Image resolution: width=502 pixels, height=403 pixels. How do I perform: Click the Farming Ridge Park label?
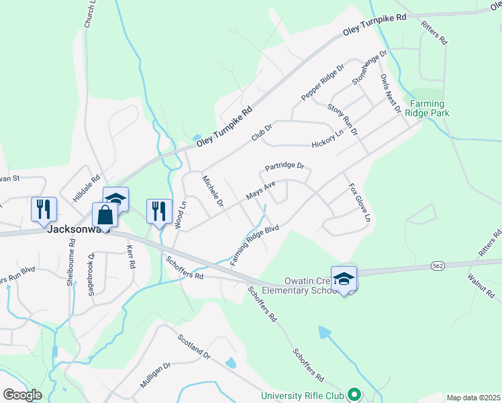429,109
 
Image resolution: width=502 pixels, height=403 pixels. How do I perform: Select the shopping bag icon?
105,215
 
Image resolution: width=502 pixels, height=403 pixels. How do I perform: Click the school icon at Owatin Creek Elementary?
344,279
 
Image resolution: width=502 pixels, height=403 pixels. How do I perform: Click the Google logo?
22,395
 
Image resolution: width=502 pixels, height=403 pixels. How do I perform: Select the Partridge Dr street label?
285,165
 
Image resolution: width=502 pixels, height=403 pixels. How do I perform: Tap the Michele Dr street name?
213,190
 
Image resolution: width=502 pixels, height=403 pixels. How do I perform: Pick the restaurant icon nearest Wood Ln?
159,211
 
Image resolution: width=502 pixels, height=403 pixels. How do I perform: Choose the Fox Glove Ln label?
358,203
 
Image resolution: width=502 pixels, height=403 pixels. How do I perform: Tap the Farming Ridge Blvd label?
254,244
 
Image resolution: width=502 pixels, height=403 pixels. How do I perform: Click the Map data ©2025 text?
472,398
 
